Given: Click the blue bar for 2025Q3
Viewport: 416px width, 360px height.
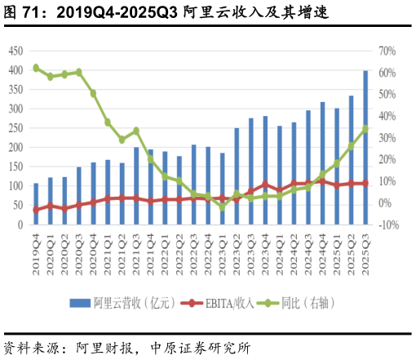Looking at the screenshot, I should [x=365, y=148].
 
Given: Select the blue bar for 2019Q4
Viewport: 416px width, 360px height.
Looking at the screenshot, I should [x=35, y=204].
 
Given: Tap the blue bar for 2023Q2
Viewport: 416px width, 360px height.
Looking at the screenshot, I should [x=237, y=176].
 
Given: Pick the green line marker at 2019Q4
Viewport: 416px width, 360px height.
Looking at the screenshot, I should [x=35, y=68].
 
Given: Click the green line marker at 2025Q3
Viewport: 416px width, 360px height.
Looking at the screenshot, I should [x=365, y=129].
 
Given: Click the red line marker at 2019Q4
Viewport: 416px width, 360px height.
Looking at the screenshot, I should [x=35, y=210].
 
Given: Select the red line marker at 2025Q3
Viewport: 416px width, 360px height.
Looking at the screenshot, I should [x=365, y=183].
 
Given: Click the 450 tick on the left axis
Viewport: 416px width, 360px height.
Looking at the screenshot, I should [x=15, y=51].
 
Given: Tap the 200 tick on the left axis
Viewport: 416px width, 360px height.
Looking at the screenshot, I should [x=15, y=147].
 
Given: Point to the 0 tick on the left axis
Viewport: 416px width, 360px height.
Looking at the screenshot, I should [x=20, y=224].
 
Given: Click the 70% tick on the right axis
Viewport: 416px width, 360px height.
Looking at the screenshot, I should [x=387, y=51].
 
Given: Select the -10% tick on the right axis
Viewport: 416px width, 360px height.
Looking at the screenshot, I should [x=388, y=224].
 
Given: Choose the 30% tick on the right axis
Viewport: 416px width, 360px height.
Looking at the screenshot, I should [x=387, y=137].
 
